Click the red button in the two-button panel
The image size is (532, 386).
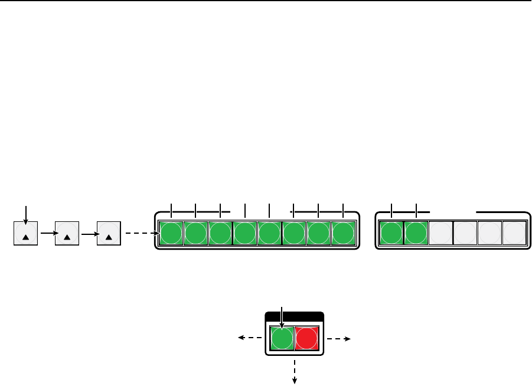(x=307, y=339)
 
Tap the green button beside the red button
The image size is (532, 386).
(x=282, y=339)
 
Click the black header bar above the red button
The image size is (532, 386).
(x=295, y=316)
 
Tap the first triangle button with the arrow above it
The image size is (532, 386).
(x=25, y=233)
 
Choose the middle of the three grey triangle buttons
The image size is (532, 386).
(x=67, y=233)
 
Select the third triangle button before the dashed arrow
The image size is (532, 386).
(x=108, y=233)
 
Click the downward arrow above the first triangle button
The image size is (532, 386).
(x=25, y=212)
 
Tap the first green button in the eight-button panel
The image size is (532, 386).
(x=171, y=233)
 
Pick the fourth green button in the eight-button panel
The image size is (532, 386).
(x=245, y=233)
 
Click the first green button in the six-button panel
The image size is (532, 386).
(x=391, y=233)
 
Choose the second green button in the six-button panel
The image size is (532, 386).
(x=416, y=233)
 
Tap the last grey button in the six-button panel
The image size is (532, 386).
(x=514, y=233)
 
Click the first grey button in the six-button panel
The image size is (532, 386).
(x=440, y=233)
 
